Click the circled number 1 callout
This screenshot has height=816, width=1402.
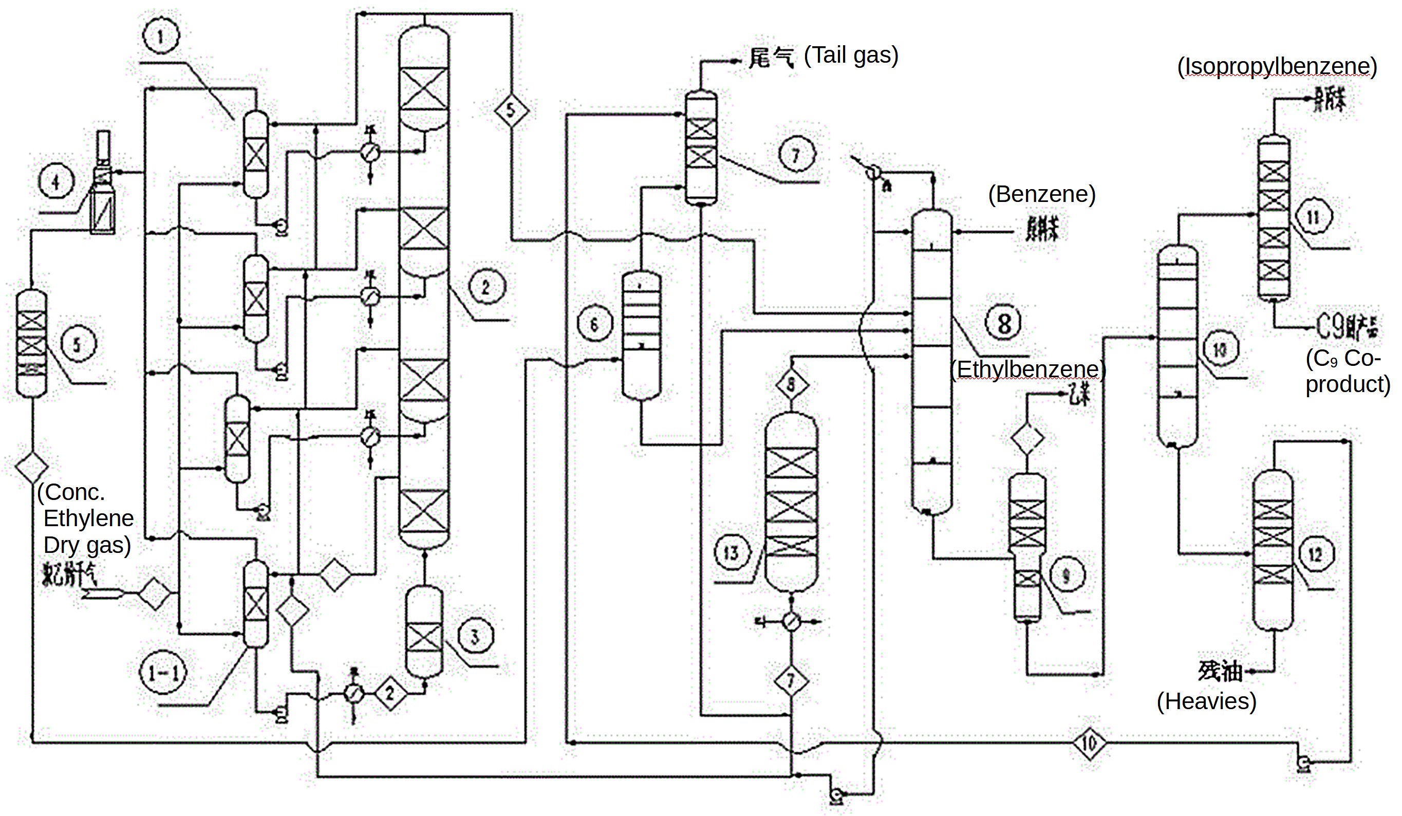pyautogui.click(x=161, y=36)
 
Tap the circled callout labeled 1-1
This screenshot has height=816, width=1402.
pyautogui.click(x=163, y=673)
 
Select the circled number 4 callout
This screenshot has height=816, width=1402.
pyautogui.click(x=56, y=182)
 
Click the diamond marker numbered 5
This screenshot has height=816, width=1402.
pyautogui.click(x=511, y=109)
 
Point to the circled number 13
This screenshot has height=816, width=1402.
pyautogui.click(x=732, y=552)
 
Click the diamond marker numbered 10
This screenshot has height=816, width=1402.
pyautogui.click(x=1089, y=743)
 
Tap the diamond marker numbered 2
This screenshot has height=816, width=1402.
pyautogui.click(x=390, y=693)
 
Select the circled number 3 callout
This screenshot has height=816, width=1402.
pyautogui.click(x=475, y=636)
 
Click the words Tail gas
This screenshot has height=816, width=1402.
pyautogui.click(x=851, y=55)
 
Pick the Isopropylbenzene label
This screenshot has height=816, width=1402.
pyautogui.click(x=1277, y=66)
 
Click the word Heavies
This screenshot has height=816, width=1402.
pyautogui.click(x=1206, y=701)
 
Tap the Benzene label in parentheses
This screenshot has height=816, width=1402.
pyautogui.click(x=1041, y=194)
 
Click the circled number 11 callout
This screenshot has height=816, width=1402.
pyautogui.click(x=1313, y=216)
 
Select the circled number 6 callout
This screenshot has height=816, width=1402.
pyautogui.click(x=594, y=324)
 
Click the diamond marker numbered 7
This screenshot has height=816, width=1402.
pyautogui.click(x=791, y=680)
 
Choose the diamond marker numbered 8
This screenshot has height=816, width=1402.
pyautogui.click(x=791, y=384)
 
